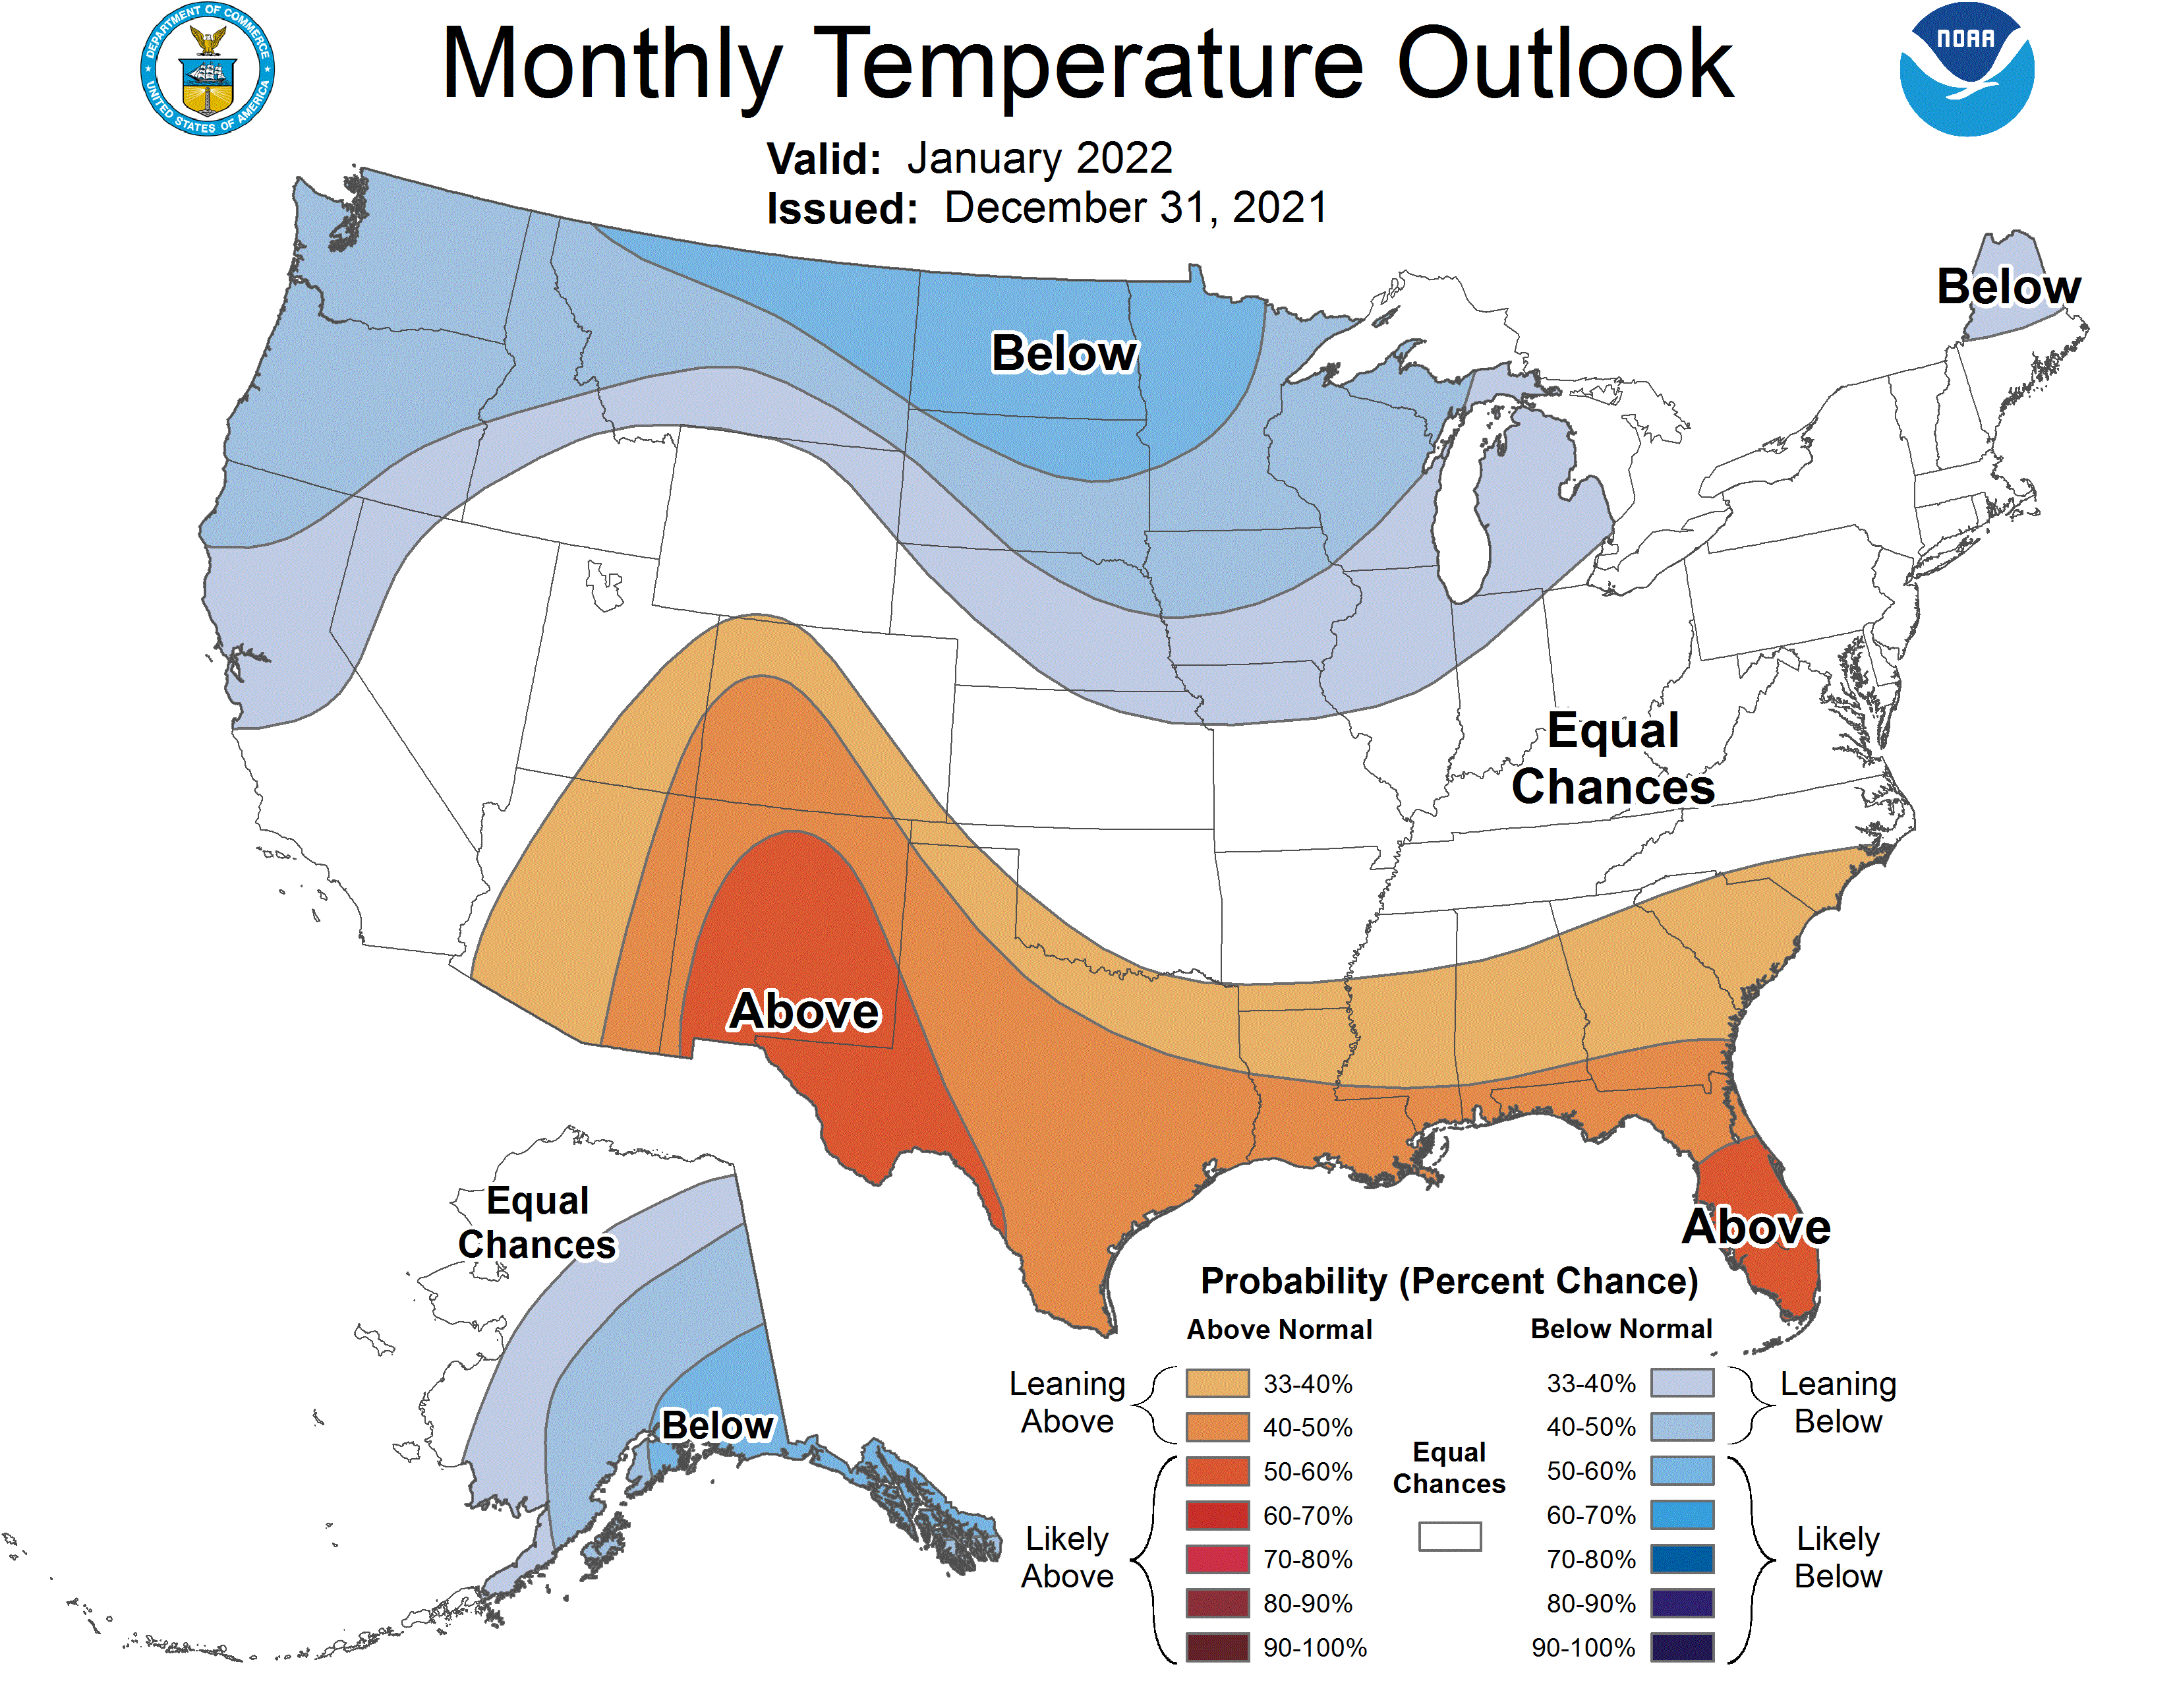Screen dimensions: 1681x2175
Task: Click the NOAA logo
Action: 1966,70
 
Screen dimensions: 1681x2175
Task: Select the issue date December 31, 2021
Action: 1136,208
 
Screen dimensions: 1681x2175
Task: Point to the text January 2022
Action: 1039,158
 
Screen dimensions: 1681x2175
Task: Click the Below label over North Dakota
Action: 1064,353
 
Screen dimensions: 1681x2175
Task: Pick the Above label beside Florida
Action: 1756,1226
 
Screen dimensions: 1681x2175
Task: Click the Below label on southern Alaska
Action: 717,1425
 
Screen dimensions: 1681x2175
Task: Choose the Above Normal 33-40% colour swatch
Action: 1217,1383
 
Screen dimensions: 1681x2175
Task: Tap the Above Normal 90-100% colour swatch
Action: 1217,1648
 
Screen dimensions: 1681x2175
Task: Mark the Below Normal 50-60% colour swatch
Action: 1682,1471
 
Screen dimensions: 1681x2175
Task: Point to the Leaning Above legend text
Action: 1066,1402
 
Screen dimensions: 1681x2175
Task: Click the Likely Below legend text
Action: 1838,1558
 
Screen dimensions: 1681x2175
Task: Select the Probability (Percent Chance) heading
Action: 1449,1281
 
